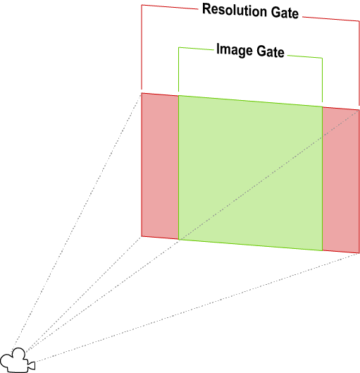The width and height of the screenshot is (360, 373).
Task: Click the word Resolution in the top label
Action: [x=235, y=10]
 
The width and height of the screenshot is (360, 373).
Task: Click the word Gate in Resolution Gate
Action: [x=285, y=13]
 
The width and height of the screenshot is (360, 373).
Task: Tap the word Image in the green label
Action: [x=235, y=50]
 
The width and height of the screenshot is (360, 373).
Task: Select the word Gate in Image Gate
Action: [x=271, y=51]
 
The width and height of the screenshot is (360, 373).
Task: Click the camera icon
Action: [x=18, y=360]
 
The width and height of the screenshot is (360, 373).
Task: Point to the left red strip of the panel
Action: [x=160, y=166]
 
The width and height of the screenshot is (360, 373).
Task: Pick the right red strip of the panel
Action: [x=341, y=180]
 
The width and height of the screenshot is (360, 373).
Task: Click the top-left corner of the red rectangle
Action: [x=142, y=93]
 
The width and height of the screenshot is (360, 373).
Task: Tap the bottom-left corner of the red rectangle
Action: [x=142, y=236]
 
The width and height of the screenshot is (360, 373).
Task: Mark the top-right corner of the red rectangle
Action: [x=359, y=110]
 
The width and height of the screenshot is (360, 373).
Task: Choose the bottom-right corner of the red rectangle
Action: [x=359, y=253]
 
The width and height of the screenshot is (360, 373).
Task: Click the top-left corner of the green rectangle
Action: [x=178, y=96]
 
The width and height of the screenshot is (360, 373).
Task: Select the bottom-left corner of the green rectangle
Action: [x=178, y=239]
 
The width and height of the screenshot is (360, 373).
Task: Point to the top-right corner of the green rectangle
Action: [x=322, y=106]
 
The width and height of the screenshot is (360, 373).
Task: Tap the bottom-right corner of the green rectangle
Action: [x=322, y=250]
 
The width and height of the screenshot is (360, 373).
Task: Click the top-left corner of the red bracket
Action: [x=142, y=5]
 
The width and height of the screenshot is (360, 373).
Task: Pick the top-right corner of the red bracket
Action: [x=359, y=21]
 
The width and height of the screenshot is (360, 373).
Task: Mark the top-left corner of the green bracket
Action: [x=179, y=47]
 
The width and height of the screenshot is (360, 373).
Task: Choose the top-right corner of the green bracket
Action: [x=322, y=58]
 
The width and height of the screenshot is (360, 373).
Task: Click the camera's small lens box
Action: [x=32, y=365]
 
